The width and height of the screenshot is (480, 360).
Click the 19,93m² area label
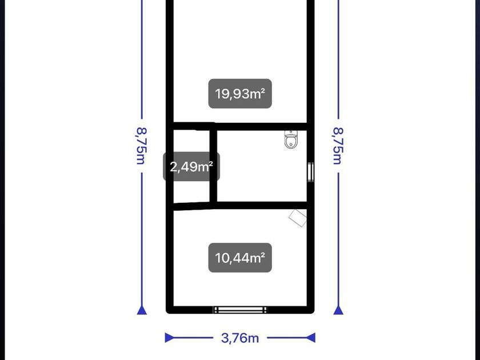(x=240, y=94)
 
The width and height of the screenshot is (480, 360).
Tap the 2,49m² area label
(x=191, y=167)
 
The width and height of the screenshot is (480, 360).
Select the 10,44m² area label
(x=240, y=258)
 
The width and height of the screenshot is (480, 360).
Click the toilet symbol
(x=291, y=139)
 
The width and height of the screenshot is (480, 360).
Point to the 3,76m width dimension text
(x=240, y=338)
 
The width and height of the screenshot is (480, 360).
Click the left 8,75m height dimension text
(x=142, y=146)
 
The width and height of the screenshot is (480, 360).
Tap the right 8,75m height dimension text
(x=338, y=146)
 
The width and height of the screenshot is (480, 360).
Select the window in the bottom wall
(x=241, y=310)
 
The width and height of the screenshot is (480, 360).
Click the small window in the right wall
(x=311, y=172)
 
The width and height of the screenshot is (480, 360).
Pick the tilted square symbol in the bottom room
(x=298, y=218)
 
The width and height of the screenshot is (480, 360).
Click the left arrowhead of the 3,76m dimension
(x=169, y=338)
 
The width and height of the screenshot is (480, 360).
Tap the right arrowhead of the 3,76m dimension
(x=311, y=338)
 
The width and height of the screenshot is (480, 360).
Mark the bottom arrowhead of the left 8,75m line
(x=142, y=310)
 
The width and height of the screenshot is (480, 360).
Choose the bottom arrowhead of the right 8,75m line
(x=338, y=310)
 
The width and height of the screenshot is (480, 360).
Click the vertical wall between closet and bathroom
(x=213, y=166)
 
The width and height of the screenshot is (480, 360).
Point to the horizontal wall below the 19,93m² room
(x=241, y=126)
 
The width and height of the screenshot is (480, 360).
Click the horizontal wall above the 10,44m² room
(x=241, y=206)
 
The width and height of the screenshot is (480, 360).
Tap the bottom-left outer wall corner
(x=167, y=312)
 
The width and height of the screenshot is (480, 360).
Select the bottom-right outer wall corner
(x=313, y=312)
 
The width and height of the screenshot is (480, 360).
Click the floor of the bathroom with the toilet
(x=262, y=171)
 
